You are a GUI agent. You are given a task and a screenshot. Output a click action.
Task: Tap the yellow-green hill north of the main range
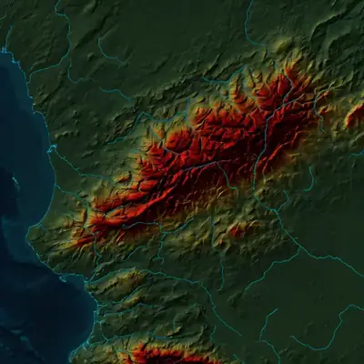[x=283, y=44]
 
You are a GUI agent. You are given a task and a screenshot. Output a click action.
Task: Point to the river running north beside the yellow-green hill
[x=251, y=36]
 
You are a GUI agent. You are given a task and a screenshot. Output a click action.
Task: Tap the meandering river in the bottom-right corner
[x=328, y=328]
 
